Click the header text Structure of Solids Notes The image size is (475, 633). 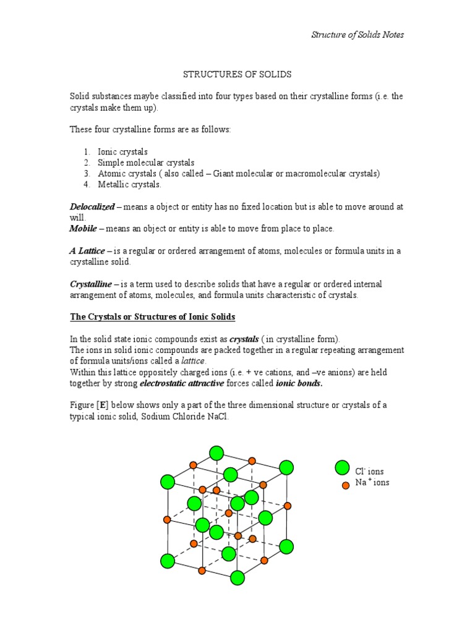pos(357,35)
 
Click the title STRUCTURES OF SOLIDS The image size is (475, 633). pos(237,74)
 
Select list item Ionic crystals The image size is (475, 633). pos(122,151)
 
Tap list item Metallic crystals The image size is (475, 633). pos(129,184)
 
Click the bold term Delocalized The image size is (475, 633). pos(92,206)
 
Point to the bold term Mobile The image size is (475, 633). pos(83,229)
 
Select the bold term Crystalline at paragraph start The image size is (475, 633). pos(91,284)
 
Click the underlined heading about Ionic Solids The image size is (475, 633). pos(152,316)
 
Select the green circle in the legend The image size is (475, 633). pos(342,468)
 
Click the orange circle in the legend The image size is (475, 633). pos(346,485)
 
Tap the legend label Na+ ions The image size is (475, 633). pos(372,482)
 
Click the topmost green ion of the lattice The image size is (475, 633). pos(216,453)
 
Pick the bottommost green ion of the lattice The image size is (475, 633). pos(237,578)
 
